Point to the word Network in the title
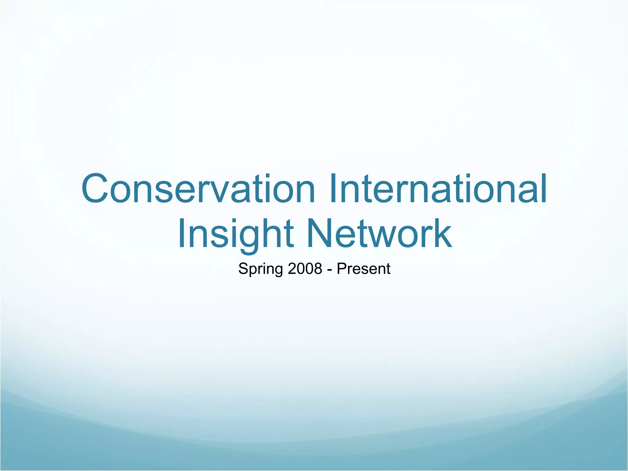(x=380, y=234)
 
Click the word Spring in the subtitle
(x=260, y=269)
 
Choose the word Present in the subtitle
(x=363, y=269)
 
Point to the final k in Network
(x=442, y=234)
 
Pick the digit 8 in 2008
(x=318, y=269)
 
